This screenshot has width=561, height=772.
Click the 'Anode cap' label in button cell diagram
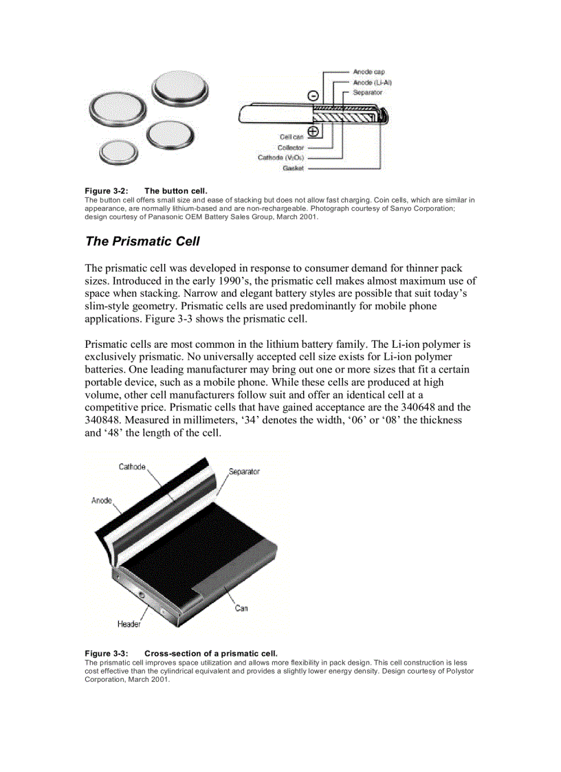pyautogui.click(x=368, y=71)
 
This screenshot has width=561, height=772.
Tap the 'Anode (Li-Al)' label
pyautogui.click(x=372, y=82)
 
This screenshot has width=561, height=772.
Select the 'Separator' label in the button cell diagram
pyautogui.click(x=367, y=92)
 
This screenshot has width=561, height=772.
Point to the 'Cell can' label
pyautogui.click(x=291, y=137)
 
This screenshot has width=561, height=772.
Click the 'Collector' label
pyautogui.click(x=291, y=147)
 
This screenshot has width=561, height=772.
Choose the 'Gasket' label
pyautogui.click(x=294, y=168)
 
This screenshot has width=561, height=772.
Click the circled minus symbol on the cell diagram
pyautogui.click(x=313, y=96)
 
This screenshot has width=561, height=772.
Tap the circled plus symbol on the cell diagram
pyautogui.click(x=313, y=131)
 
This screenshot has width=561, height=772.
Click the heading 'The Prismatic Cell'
pyautogui.click(x=142, y=241)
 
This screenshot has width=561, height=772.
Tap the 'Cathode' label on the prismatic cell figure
pyautogui.click(x=132, y=467)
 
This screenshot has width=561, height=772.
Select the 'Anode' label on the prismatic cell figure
pyautogui.click(x=102, y=500)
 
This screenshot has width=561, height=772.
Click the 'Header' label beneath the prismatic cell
pyautogui.click(x=129, y=624)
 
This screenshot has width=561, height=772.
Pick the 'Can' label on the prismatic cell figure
pyautogui.click(x=241, y=608)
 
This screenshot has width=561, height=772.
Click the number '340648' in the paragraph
pyautogui.click(x=422, y=407)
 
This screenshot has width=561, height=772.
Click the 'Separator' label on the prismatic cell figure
pyautogui.click(x=244, y=472)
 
